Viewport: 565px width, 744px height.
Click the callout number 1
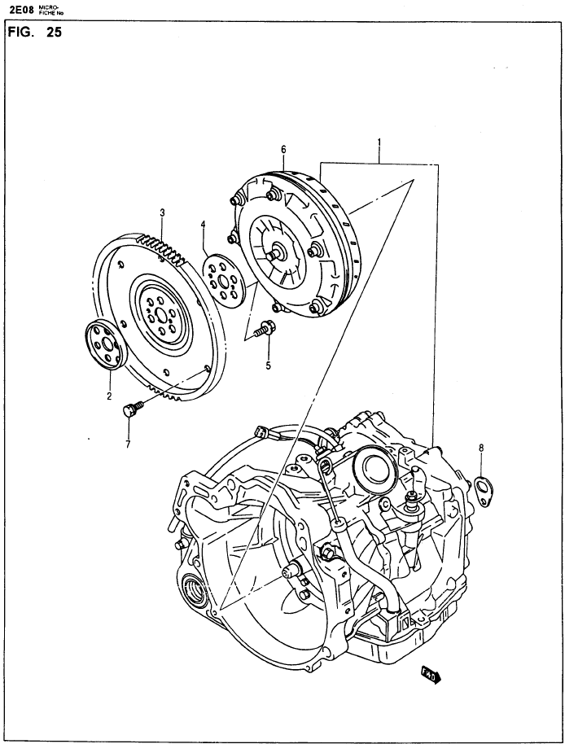(x=379, y=142)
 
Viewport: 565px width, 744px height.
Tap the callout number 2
(x=109, y=396)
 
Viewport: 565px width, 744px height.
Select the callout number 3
(x=162, y=212)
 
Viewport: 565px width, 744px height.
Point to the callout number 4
(x=203, y=224)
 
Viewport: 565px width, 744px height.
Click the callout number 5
(x=268, y=365)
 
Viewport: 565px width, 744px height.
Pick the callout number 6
(x=283, y=150)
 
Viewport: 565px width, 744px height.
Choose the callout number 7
(x=128, y=444)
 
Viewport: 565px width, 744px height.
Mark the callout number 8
(x=481, y=447)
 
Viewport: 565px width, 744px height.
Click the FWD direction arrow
(x=431, y=674)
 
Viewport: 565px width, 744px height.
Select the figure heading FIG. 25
(x=35, y=33)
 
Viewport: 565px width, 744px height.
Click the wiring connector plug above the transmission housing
(x=260, y=432)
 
